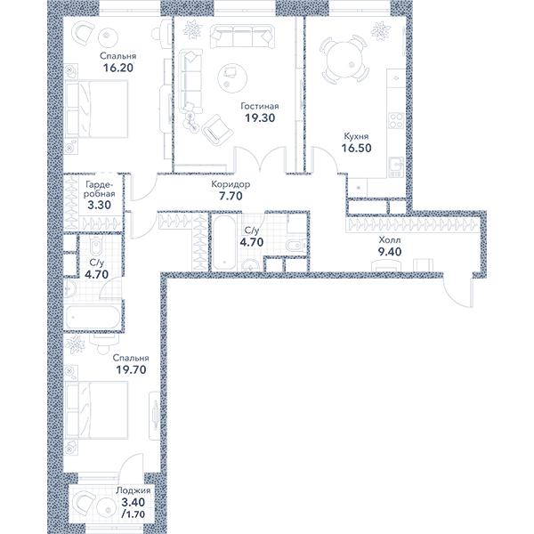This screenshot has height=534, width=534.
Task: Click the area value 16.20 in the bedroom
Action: [x=118, y=68]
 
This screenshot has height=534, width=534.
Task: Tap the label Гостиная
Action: [x=260, y=106]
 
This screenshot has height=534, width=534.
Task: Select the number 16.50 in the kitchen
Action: [x=357, y=148]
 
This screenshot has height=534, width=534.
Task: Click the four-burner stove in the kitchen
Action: [x=396, y=120]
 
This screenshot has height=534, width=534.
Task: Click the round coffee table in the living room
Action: [x=232, y=77]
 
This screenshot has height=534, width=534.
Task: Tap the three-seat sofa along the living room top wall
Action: [x=242, y=36]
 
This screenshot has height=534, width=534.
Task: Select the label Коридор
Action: [x=231, y=184]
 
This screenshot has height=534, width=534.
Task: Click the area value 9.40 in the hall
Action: [x=390, y=252]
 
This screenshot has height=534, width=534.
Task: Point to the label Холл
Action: [x=390, y=240]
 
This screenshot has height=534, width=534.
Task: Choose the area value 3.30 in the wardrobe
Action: [x=100, y=205]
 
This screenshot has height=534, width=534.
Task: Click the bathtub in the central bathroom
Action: [x=224, y=243]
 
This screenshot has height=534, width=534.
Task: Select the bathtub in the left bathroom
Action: [x=93, y=317]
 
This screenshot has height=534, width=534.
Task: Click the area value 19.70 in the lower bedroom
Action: [x=131, y=369]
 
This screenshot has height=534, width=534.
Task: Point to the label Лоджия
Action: [x=133, y=490]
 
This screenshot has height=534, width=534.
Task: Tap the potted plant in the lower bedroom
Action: [x=75, y=344]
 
